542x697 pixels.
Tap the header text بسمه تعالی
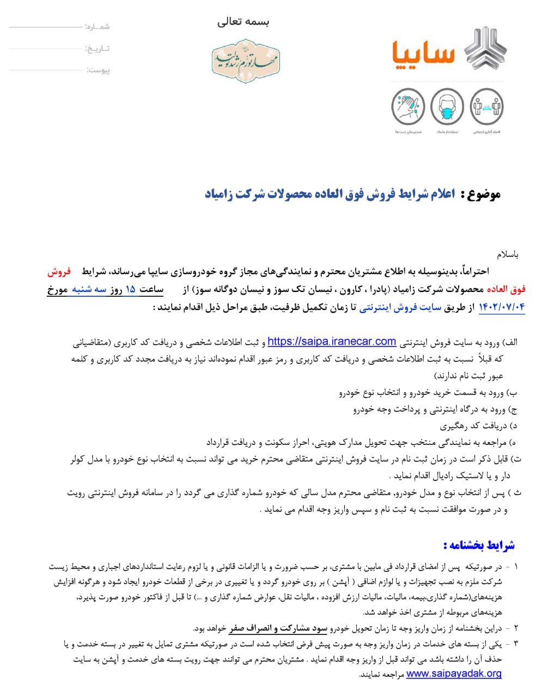(x=243, y=22)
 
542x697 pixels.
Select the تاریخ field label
(x=98, y=48)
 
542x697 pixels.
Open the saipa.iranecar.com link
(x=332, y=341)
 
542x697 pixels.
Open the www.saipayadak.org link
(x=454, y=674)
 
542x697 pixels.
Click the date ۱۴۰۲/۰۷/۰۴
(x=501, y=307)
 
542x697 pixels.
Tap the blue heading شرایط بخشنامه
(x=479, y=545)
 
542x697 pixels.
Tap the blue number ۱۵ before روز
(x=130, y=290)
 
